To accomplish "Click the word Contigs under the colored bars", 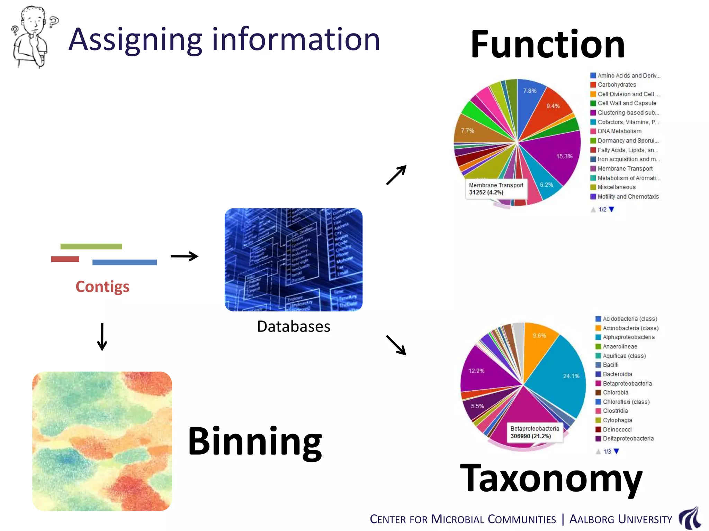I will click(102, 287).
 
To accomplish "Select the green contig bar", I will click(91, 246).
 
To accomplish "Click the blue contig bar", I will click(124, 262).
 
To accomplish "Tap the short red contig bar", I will click(65, 259).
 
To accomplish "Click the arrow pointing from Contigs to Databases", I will click(184, 256).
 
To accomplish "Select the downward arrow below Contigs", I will click(102, 337).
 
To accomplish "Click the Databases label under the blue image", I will click(294, 326).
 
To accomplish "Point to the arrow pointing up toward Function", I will click(396, 175).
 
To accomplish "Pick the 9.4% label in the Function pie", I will click(553, 106).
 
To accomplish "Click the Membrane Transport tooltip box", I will click(496, 189).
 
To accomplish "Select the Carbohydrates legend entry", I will click(617, 85).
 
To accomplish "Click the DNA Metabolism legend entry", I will click(619, 131).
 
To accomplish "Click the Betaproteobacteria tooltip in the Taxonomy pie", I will click(535, 432).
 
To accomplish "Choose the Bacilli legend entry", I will click(610, 365).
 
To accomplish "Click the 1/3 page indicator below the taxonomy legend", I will click(607, 451).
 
